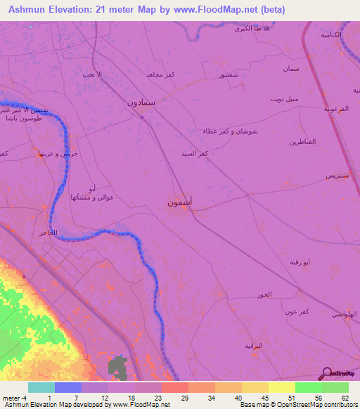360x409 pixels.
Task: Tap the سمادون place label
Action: (141, 102)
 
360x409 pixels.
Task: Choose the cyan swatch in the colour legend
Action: (41, 387)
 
